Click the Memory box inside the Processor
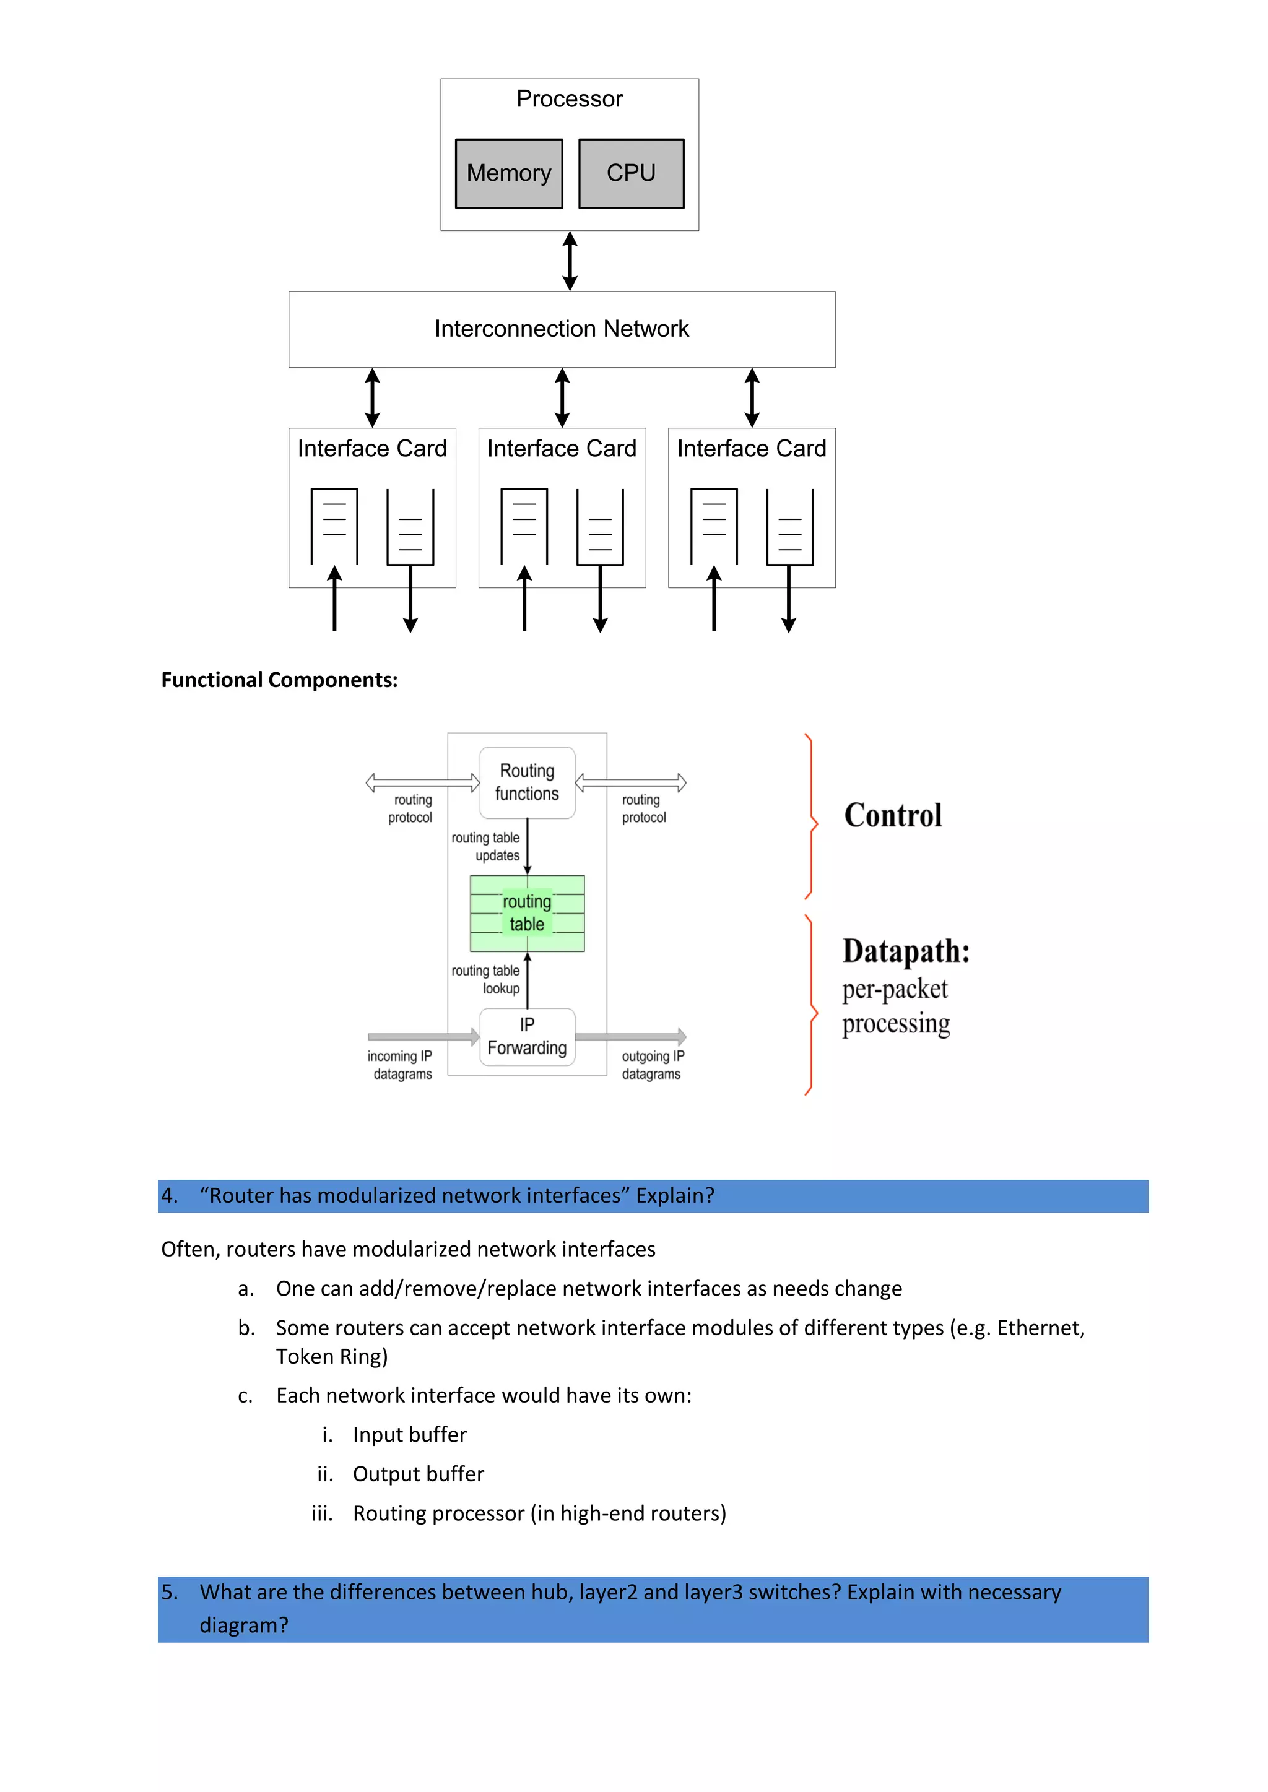click(x=508, y=173)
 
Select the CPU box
click(x=631, y=173)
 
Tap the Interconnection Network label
click(x=562, y=329)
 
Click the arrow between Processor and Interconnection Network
click(x=570, y=261)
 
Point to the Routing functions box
click(x=527, y=782)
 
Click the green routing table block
click(x=527, y=913)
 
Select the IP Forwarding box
click(x=527, y=1036)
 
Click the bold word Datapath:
click(x=906, y=951)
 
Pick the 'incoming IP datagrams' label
click(x=400, y=1065)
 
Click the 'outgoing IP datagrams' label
click(x=653, y=1065)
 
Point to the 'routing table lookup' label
click(x=485, y=979)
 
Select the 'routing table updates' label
click(x=485, y=846)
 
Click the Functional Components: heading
click(x=279, y=680)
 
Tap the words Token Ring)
click(x=332, y=1356)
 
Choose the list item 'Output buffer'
click(x=418, y=1474)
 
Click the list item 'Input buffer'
click(x=409, y=1435)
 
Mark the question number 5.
click(x=170, y=1592)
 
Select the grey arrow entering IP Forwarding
click(x=422, y=1036)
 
